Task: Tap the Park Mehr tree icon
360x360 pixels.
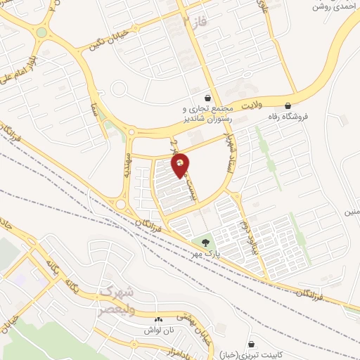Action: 205,243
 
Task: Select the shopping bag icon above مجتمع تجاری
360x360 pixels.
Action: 207,98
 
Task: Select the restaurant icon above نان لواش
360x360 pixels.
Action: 158,319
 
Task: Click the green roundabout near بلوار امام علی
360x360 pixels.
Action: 41,32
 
